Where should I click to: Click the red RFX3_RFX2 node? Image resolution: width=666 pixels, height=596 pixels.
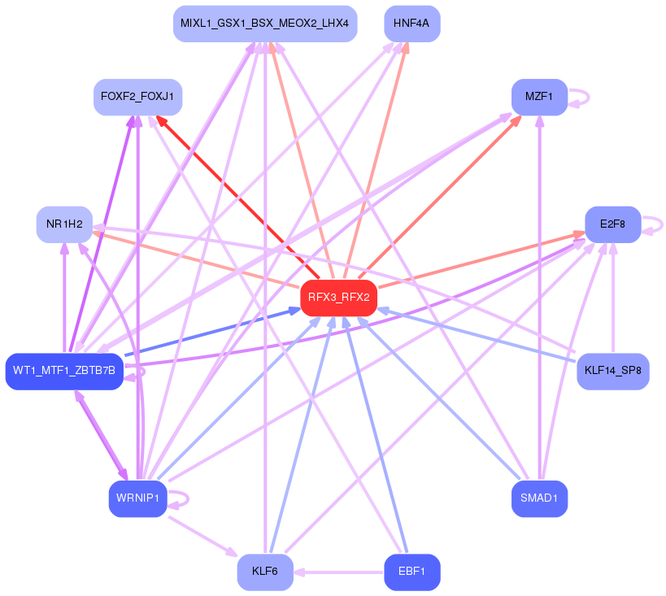(x=339, y=298)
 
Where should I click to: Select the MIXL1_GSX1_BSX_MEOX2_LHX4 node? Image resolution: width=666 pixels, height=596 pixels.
(x=265, y=24)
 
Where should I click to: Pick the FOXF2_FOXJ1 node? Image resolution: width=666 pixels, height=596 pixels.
(x=137, y=97)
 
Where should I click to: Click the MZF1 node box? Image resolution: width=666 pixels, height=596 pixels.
(x=539, y=97)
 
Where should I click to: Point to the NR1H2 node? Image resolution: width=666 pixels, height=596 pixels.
(x=64, y=224)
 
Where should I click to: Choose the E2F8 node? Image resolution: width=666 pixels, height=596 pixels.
(x=612, y=224)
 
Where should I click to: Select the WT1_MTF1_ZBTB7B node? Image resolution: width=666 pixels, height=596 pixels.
(x=64, y=372)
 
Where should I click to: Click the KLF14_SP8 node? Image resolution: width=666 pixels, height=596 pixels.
(x=612, y=372)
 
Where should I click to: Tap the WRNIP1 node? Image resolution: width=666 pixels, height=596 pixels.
(x=137, y=498)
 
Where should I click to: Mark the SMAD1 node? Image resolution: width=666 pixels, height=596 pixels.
(x=539, y=498)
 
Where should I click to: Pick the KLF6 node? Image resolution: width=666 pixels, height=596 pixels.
(x=265, y=572)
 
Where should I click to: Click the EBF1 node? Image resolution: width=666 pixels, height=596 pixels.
(x=411, y=572)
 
